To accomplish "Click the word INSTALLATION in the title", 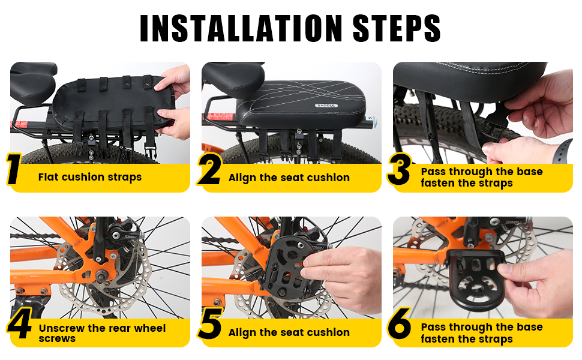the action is point(241,28).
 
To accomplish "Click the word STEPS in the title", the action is point(397,28).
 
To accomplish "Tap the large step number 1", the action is point(14,169).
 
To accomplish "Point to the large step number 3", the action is point(400,169).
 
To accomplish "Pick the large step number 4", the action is point(19,323).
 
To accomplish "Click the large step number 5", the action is point(210,323).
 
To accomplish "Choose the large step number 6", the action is point(400,323).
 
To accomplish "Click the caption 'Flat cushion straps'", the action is point(90,177).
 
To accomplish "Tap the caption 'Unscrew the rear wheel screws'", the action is point(102,333).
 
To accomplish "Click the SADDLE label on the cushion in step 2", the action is point(326,106).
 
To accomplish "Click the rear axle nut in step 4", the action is point(101,275).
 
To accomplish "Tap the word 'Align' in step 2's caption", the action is point(242,178).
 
